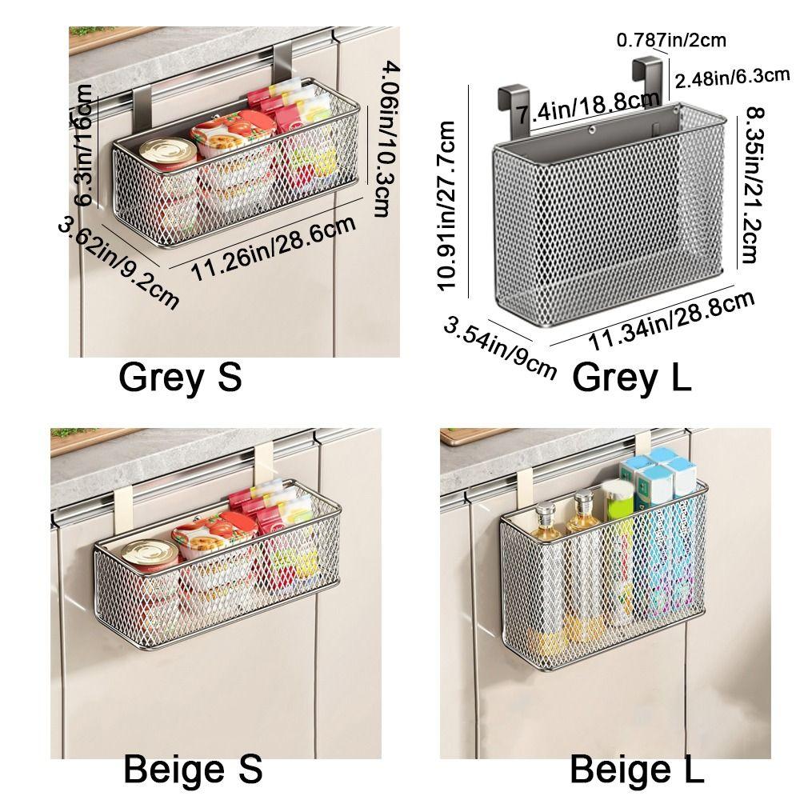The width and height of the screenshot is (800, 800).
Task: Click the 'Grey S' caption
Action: coord(180,378)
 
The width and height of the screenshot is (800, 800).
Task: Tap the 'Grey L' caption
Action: coord(632,377)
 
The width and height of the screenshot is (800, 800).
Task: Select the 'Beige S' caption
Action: coord(193,770)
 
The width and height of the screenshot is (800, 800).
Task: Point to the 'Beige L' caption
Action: coord(637,770)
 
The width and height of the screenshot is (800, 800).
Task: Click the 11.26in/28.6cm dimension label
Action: coord(274,249)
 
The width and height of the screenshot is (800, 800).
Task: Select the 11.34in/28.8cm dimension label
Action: coord(672,322)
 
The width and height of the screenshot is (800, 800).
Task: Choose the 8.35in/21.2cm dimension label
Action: coord(750,185)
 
